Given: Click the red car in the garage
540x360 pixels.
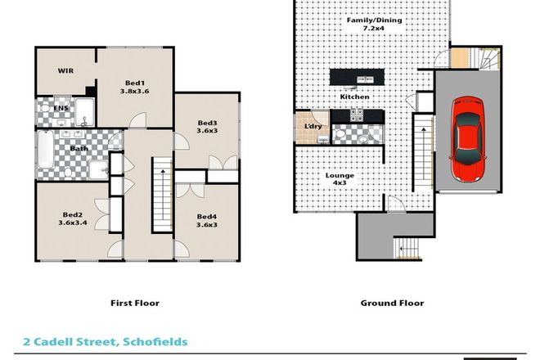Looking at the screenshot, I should (468, 141).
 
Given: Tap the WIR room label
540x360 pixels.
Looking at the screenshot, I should (66, 71).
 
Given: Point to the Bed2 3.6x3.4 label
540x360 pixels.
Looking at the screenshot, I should (72, 218).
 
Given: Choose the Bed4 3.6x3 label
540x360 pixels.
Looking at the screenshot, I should (206, 220).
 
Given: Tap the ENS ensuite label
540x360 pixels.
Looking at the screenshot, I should (61, 107).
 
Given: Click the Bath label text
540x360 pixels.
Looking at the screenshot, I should (79, 148).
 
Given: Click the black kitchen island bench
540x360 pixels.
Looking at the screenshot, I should (355, 77).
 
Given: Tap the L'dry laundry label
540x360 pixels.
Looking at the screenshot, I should (313, 127).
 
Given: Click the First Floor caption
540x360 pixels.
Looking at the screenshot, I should (135, 303).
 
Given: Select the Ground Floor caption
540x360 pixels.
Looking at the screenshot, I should (392, 303).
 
